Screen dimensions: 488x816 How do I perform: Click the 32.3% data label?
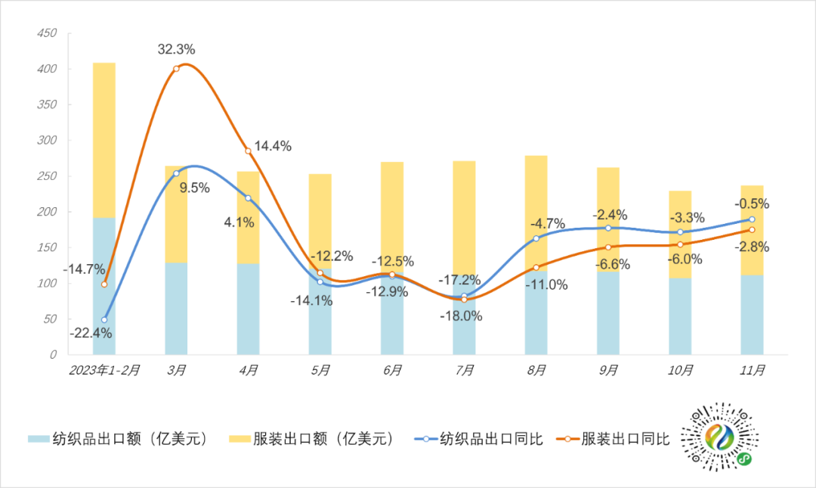pos(177,49)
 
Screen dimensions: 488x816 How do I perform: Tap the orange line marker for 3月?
pos(176,69)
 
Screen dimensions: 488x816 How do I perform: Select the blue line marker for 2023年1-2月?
pos(104,319)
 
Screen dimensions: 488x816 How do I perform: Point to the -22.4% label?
pos(91,333)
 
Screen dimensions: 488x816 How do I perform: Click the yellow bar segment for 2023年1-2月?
pos(104,140)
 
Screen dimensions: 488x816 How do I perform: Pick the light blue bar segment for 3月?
pos(176,308)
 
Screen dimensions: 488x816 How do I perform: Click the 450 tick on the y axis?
pos(47,34)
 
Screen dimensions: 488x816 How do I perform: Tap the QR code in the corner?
pos(719,440)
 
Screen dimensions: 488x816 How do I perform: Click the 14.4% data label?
pos(272,146)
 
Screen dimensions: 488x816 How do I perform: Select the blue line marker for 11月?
pos(752,219)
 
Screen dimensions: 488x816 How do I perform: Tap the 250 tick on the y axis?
pos(47,176)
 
